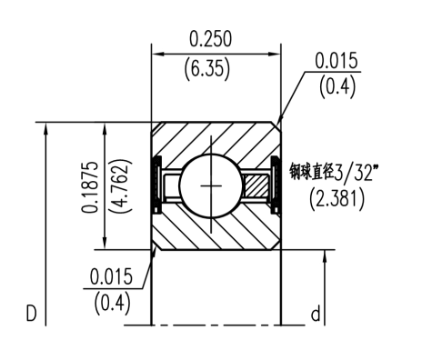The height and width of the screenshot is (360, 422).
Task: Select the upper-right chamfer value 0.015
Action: (x=337, y=60)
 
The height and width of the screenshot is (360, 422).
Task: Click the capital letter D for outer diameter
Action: (x=31, y=315)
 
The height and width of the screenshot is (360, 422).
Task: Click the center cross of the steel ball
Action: (x=214, y=185)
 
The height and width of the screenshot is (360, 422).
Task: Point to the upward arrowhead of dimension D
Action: (x=44, y=128)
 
